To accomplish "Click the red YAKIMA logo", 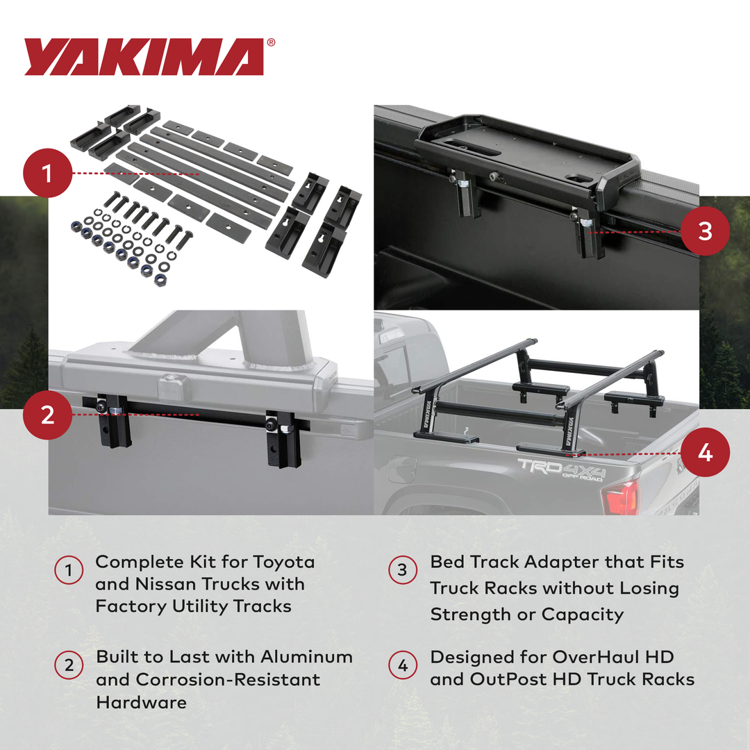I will [x=144, y=56].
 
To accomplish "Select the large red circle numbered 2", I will [x=47, y=415].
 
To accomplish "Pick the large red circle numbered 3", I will [x=705, y=231].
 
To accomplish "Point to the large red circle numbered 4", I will [x=705, y=453].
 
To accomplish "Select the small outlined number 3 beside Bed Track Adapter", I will [x=403, y=572].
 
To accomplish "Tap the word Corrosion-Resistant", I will [x=228, y=679].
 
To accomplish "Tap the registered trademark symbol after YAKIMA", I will [x=270, y=42].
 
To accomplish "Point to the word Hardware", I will [x=142, y=702].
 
